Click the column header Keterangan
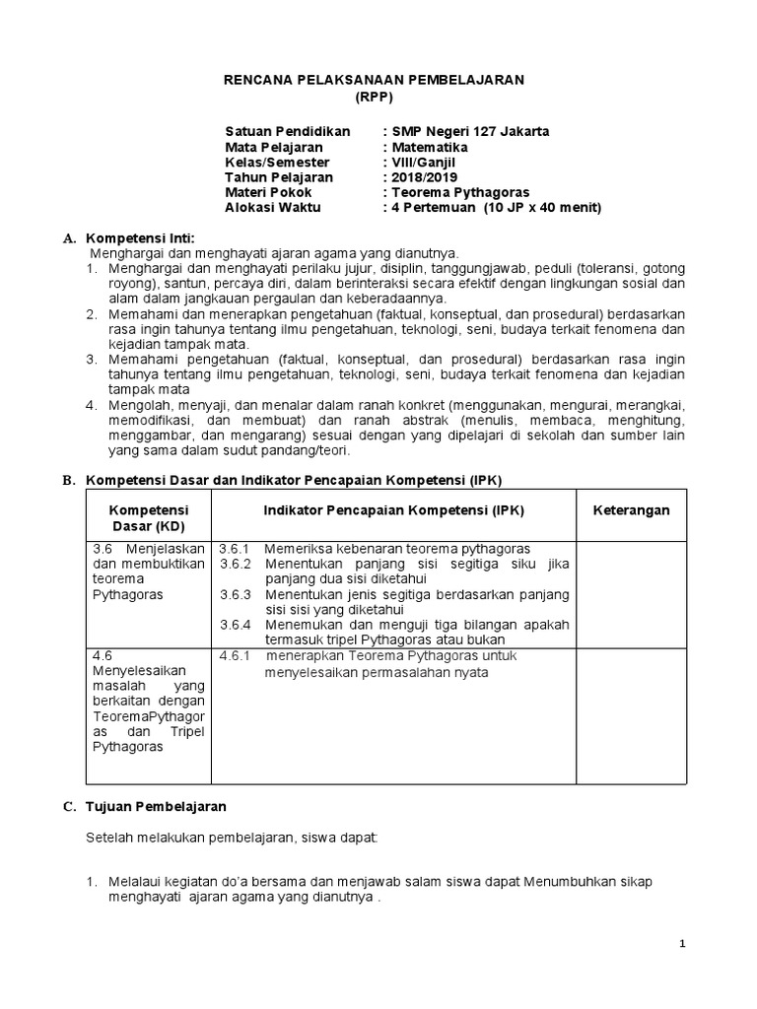(631, 509)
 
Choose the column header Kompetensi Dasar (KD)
(148, 517)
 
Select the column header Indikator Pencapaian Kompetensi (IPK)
(394, 509)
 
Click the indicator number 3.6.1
(236, 548)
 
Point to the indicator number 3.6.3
(236, 594)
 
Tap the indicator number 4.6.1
(236, 655)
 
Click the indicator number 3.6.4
(236, 625)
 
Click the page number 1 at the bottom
(683, 944)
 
